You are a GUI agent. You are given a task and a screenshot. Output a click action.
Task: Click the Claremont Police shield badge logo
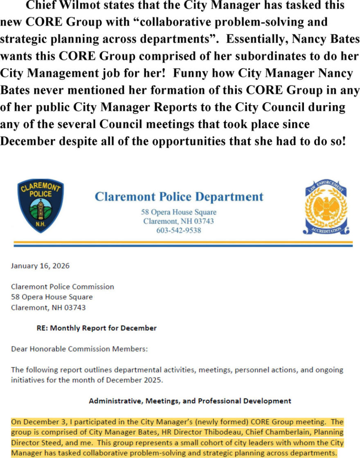click(x=40, y=206)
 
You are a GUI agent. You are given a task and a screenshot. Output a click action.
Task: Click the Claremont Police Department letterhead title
click(x=179, y=197)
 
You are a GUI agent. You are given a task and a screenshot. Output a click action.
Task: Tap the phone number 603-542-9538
click(x=179, y=230)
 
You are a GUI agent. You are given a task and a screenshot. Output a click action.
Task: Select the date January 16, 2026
click(x=40, y=266)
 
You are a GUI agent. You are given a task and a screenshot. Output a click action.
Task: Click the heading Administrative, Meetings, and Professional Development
click(x=190, y=401)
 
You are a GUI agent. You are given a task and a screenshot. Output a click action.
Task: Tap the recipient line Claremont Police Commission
click(x=62, y=287)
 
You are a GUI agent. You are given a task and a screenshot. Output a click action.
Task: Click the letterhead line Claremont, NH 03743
click(x=178, y=221)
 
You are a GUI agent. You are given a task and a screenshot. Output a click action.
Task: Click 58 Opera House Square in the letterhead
click(x=179, y=212)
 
